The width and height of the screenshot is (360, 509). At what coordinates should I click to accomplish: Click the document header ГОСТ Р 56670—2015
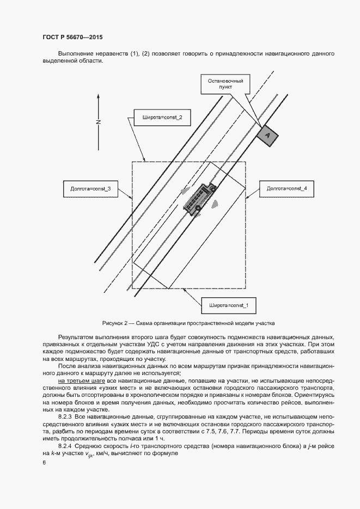point(72,38)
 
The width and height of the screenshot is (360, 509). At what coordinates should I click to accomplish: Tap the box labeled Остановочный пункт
point(225,84)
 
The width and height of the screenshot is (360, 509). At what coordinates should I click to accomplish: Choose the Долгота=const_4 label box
point(287,188)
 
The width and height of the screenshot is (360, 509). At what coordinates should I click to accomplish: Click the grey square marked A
point(267,135)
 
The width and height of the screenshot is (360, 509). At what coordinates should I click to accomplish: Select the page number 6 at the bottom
point(44,463)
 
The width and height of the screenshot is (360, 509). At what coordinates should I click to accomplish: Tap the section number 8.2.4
point(65,446)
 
